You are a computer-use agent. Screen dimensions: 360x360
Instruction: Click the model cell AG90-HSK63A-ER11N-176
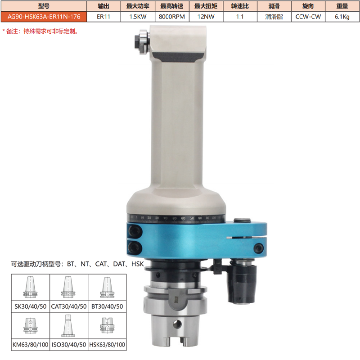44,17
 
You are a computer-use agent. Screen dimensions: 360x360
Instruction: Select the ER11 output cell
103,17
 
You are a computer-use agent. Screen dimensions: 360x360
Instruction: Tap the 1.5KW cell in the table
138,17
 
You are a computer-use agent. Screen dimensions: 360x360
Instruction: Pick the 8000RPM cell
172,17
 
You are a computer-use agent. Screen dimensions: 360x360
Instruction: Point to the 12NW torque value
206,17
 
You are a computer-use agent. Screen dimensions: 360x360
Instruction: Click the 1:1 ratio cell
240,17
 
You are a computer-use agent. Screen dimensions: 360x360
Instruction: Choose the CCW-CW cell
308,17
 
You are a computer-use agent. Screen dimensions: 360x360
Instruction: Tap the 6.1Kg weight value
342,17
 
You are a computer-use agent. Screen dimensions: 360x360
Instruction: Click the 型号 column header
44,6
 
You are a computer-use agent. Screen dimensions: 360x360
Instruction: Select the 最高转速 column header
172,6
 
